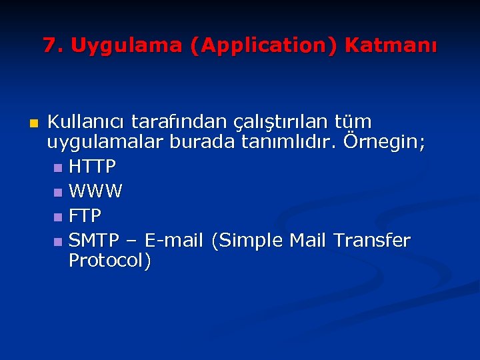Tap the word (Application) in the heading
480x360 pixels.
263,46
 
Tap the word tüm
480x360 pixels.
356,123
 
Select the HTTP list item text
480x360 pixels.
93,165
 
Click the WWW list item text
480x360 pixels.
95,192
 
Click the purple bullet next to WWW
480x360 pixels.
58,193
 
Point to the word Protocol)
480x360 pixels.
110,261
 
